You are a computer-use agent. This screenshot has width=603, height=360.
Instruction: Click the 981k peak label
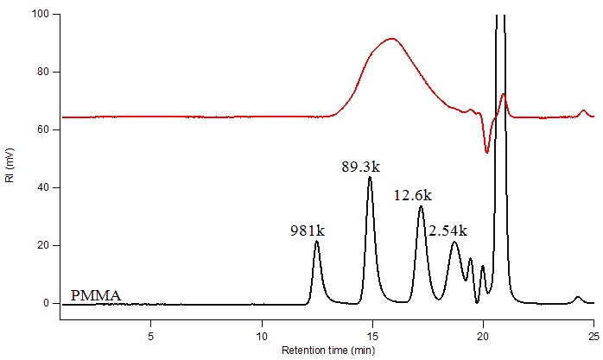click(307, 231)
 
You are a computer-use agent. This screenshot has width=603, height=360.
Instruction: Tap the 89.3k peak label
click(361, 167)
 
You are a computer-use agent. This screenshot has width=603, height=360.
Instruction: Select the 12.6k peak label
click(413, 196)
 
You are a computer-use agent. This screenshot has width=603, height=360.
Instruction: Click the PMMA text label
click(95, 295)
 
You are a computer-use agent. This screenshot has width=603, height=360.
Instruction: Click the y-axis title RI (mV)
click(10, 167)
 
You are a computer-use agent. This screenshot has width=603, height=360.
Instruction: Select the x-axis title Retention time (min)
click(327, 351)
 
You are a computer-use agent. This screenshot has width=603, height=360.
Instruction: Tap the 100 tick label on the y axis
click(40, 15)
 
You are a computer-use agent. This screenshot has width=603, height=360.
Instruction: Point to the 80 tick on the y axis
click(43, 73)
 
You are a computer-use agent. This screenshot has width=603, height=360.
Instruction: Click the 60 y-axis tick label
click(43, 130)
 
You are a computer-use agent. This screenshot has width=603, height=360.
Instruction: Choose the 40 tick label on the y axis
click(43, 188)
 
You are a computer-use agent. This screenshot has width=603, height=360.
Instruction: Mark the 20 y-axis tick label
click(43, 246)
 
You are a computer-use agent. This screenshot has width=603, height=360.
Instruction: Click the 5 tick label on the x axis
click(151, 334)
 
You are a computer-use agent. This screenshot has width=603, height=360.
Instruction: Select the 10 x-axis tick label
click(262, 334)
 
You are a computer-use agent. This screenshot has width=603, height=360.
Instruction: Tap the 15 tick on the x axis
click(372, 334)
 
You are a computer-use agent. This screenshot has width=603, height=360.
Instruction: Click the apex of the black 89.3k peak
click(370, 177)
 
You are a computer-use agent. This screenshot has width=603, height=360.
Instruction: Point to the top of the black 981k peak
click(317, 241)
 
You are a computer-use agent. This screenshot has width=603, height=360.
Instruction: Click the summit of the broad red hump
click(392, 38)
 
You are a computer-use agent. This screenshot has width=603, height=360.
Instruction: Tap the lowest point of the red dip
click(487, 153)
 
